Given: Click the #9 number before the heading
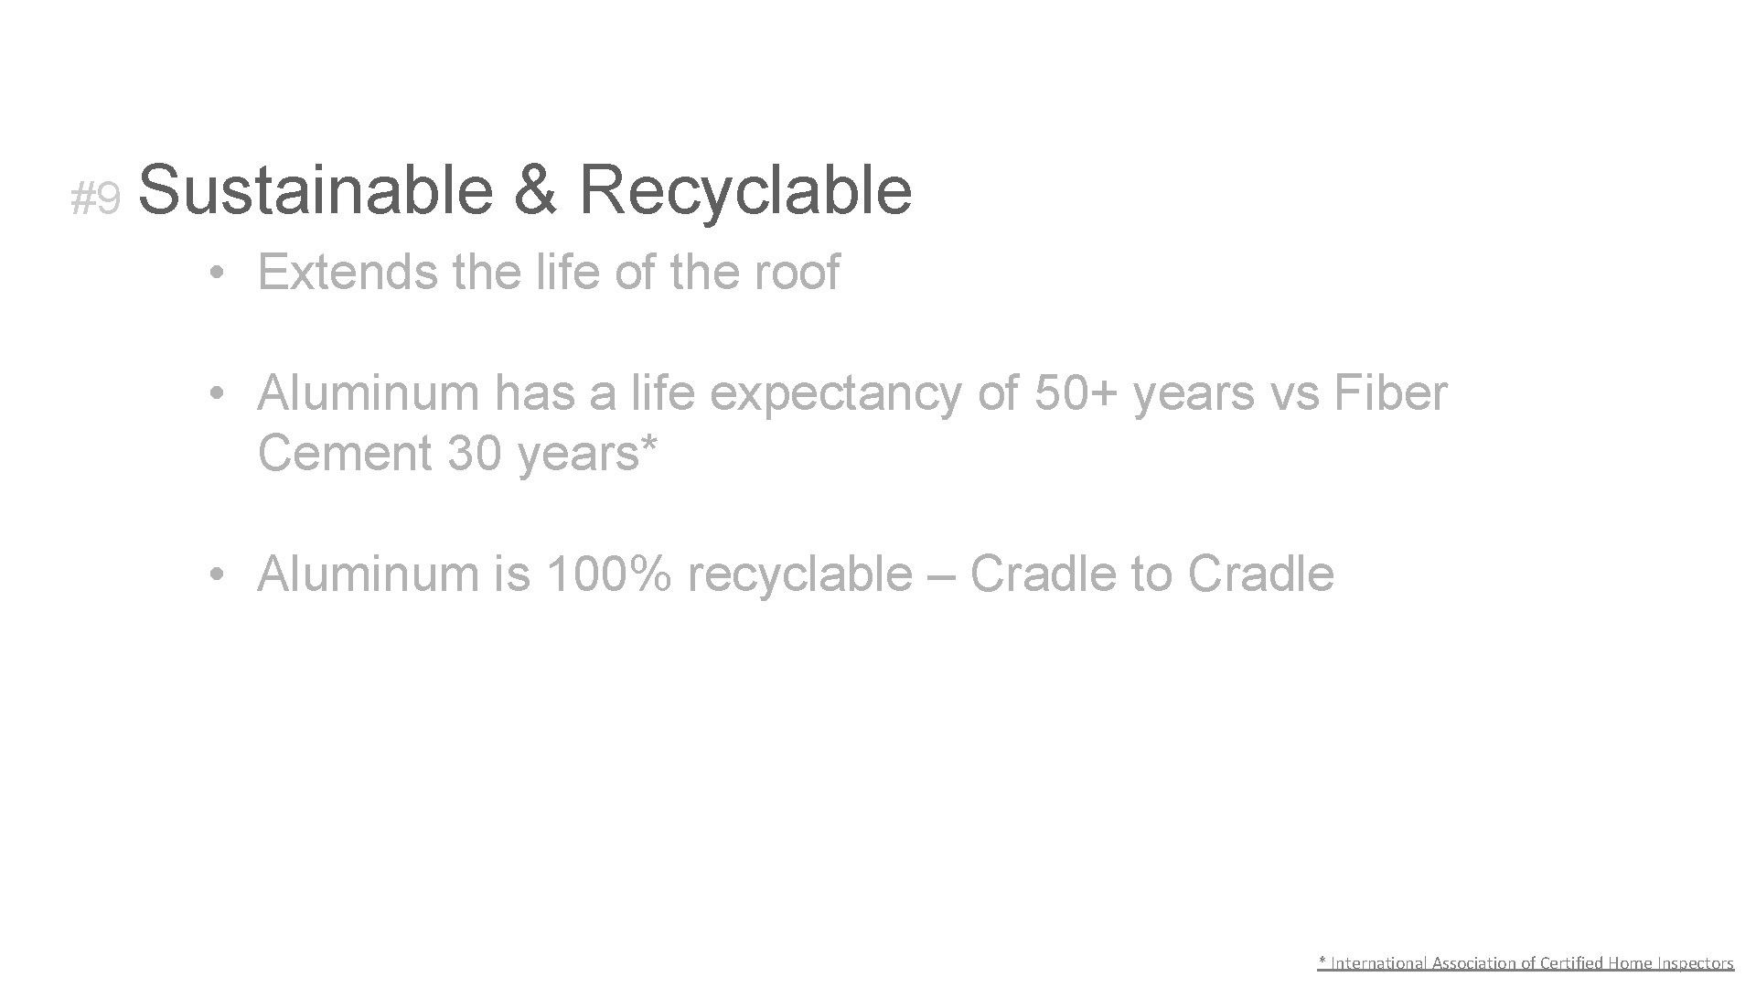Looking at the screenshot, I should tap(95, 199).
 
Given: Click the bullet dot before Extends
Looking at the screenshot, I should tap(216, 274).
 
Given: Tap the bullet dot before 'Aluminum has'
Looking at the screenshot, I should tap(216, 394).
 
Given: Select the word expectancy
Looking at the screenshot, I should tap(836, 394).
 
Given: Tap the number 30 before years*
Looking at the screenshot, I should tap(474, 453).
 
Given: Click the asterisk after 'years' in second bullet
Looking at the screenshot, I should tap(650, 444).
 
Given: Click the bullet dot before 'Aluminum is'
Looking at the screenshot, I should tap(216, 575).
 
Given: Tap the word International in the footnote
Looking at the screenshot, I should tap(1377, 962).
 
